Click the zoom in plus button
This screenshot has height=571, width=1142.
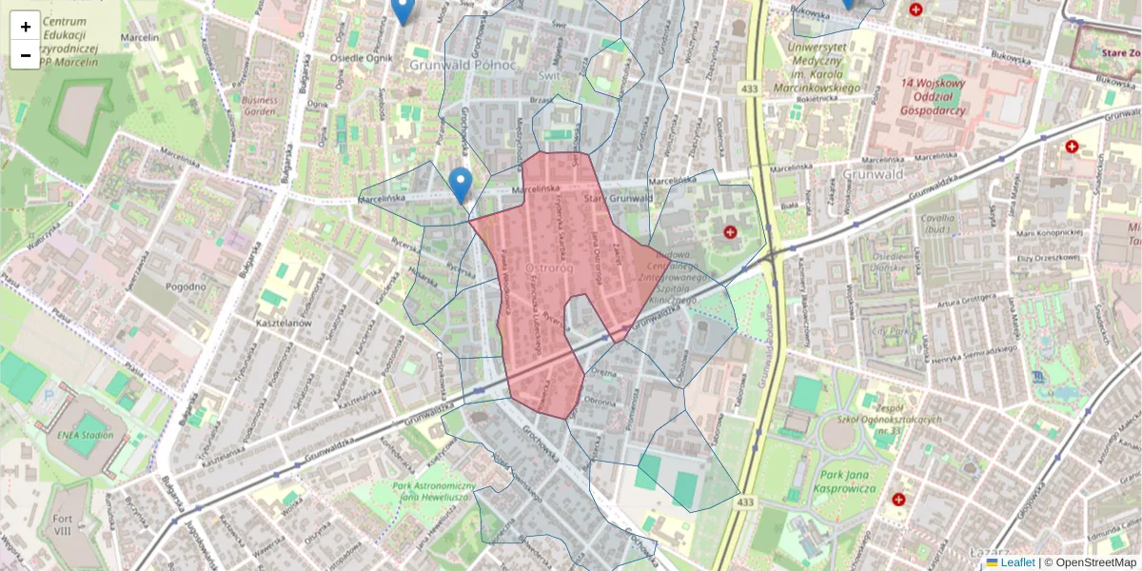(x=26, y=27)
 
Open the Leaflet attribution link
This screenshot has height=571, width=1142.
(x=1016, y=562)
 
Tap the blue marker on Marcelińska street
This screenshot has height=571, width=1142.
(x=461, y=184)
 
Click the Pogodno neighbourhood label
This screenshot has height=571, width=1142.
(x=185, y=286)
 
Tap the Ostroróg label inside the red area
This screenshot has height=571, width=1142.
(x=547, y=270)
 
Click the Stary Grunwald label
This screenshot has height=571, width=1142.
(x=619, y=199)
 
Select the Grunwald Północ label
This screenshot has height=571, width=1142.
(x=463, y=65)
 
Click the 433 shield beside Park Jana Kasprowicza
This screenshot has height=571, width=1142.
(x=745, y=502)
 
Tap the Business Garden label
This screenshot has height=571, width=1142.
(x=260, y=105)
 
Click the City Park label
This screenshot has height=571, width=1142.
(x=891, y=332)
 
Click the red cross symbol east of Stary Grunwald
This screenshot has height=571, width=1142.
(x=731, y=231)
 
